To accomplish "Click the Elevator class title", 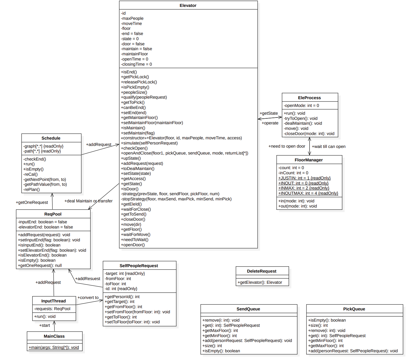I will pyautogui.click(x=188, y=5).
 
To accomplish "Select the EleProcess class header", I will pyautogui.click(x=309, y=98).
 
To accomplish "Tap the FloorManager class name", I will pyautogui.click(x=308, y=160).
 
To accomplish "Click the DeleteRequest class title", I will pyautogui.click(x=261, y=271).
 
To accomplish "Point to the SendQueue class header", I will pyautogui.click(x=248, y=309).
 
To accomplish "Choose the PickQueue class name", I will pyautogui.click(x=354, y=309).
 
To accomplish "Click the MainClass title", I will pyautogui.click(x=54, y=336).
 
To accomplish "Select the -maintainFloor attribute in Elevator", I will pyautogui.click(x=134, y=54).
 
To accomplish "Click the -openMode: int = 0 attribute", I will pyautogui.click(x=301, y=105).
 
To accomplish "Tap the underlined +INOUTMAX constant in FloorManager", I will pyautogui.click(x=308, y=193).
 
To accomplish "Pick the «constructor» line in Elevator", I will pyautogui.click(x=181, y=138).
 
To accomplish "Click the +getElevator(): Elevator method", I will pyautogui.click(x=260, y=282).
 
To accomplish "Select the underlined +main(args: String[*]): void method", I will pyautogui.click(x=54, y=347).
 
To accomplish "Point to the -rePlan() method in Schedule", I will pyautogui.click(x=32, y=189).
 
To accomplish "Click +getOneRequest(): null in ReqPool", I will pyautogui.click(x=40, y=265).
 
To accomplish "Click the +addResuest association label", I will pyautogui.click(x=88, y=279).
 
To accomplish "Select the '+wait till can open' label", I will pyautogui.click(x=329, y=146).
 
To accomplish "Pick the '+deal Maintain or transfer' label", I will pyautogui.click(x=88, y=201).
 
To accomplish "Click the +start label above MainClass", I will pyautogui.click(x=44, y=325).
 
